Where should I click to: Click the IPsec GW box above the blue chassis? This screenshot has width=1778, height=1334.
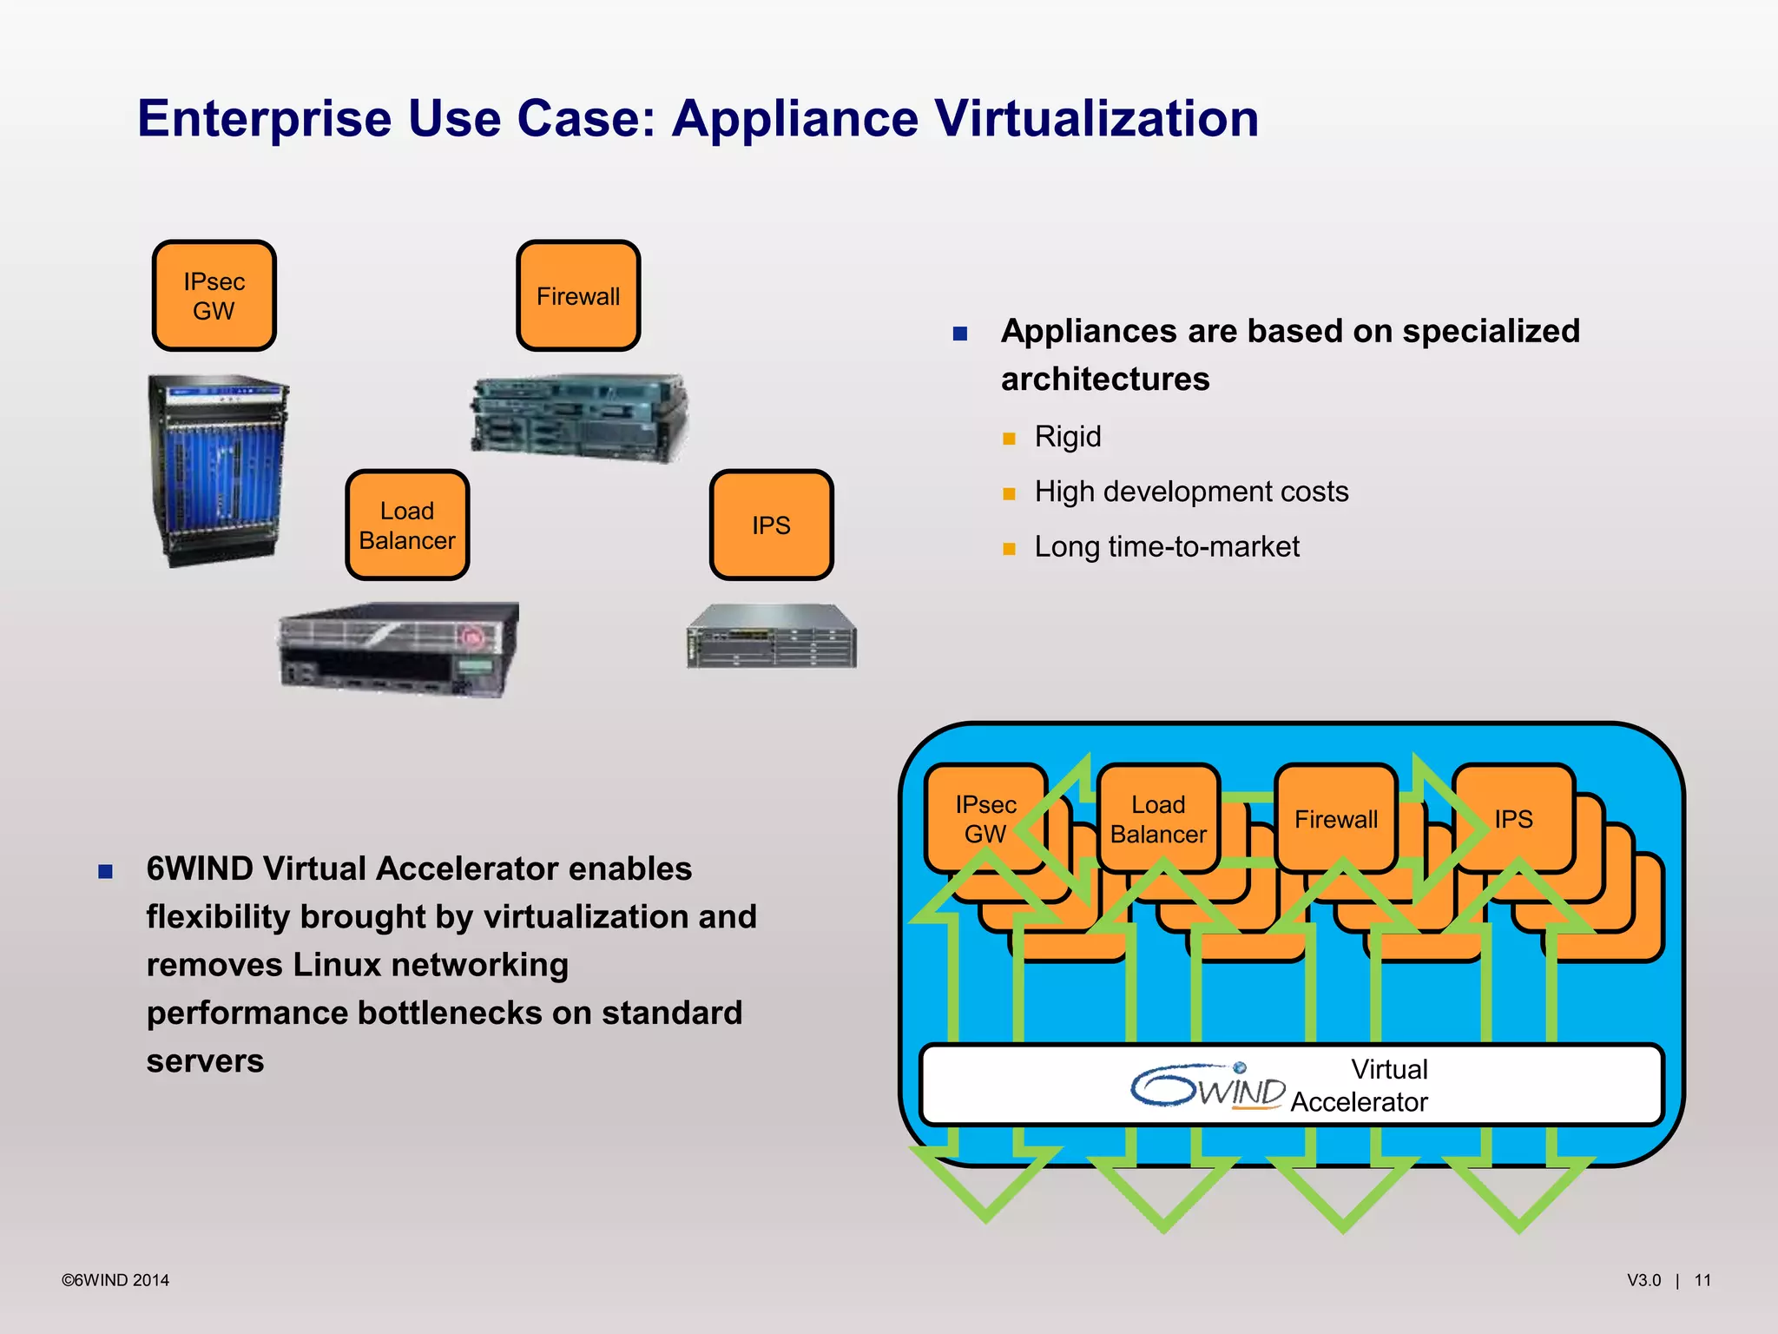pyautogui.click(x=214, y=296)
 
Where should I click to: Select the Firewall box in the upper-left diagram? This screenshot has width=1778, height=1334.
pyautogui.click(x=578, y=296)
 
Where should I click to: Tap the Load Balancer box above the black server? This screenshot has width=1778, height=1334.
pyautogui.click(x=407, y=525)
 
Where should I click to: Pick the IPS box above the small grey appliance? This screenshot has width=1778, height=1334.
pyautogui.click(x=771, y=525)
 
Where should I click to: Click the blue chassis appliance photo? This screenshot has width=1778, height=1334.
pyautogui.click(x=218, y=471)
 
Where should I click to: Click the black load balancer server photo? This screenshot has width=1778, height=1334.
pyautogui.click(x=398, y=648)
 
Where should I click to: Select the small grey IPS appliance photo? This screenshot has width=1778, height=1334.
pyautogui.click(x=771, y=637)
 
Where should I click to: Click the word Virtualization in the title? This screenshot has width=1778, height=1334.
pyautogui.click(x=1096, y=118)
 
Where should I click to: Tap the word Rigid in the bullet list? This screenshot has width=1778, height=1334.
pyautogui.click(x=1067, y=437)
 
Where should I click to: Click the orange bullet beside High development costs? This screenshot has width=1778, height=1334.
pyautogui.click(x=1009, y=493)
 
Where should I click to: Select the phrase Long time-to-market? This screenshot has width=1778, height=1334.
pyautogui.click(x=1166, y=547)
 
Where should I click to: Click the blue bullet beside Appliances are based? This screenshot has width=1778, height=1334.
pyautogui.click(x=959, y=333)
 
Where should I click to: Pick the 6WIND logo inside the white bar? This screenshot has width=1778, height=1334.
pyautogui.click(x=1208, y=1086)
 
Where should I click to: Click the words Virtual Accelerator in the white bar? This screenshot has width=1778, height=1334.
pyautogui.click(x=1360, y=1086)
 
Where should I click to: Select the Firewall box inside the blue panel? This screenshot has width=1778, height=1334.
pyautogui.click(x=1335, y=819)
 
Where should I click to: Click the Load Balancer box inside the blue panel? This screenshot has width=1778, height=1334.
pyautogui.click(x=1158, y=819)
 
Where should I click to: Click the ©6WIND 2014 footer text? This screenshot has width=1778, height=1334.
pyautogui.click(x=115, y=1280)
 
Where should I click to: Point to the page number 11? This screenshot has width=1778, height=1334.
pyautogui.click(x=1702, y=1280)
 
